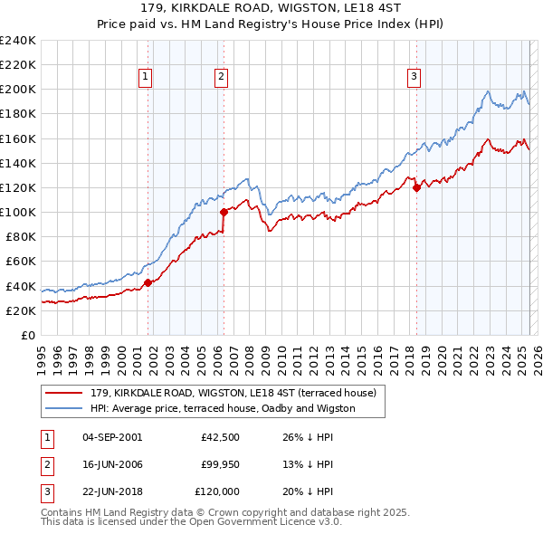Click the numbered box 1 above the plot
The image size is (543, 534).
click(147, 78)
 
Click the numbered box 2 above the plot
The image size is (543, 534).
click(221, 78)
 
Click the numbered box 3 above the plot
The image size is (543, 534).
click(414, 78)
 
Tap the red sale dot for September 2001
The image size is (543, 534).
click(148, 282)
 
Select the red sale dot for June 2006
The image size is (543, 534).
click(224, 213)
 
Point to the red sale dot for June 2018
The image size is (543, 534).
click(416, 188)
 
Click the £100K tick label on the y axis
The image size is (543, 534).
click(18, 212)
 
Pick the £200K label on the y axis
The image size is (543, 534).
click(18, 90)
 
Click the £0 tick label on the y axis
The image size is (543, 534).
click(27, 335)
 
